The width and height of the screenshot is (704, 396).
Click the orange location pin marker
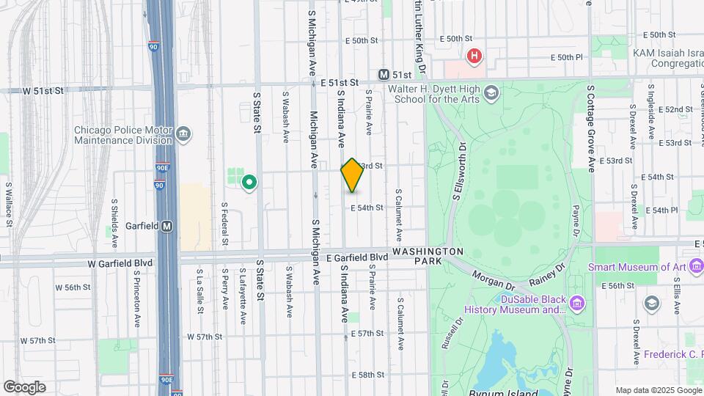pyautogui.click(x=352, y=175)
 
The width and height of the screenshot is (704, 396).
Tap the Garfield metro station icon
pyautogui.click(x=167, y=226)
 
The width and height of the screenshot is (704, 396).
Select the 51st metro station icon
pyautogui.click(x=383, y=75)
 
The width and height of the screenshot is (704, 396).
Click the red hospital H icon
pyautogui.click(x=474, y=55)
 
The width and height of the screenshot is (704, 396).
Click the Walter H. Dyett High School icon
pyautogui.click(x=491, y=92)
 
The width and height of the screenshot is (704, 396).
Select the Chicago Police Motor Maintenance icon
pyautogui.click(x=183, y=133)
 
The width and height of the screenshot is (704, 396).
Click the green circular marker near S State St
pyautogui.click(x=249, y=182)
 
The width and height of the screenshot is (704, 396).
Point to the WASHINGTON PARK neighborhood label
pyautogui.click(x=428, y=252)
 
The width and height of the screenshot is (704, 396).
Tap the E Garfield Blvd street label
pyautogui.click(x=357, y=257)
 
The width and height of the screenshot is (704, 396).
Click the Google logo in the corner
pyautogui.click(x=24, y=386)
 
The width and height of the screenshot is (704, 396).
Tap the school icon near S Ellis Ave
pyautogui.click(x=651, y=303)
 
